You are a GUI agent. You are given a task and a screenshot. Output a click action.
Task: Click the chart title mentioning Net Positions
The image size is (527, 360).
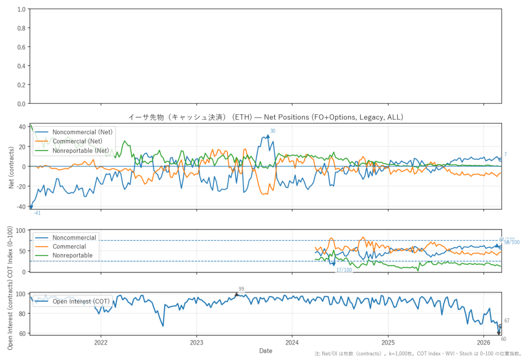[x=265, y=117]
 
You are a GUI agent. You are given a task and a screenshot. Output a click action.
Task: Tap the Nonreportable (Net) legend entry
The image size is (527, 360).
[x=81, y=151]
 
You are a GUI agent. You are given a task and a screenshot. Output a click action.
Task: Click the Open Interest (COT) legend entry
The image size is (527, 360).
[x=79, y=301]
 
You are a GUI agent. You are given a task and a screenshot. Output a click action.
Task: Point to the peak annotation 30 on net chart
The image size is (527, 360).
[x=273, y=131]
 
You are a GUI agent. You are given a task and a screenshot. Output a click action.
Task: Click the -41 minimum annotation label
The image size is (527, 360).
[x=37, y=213]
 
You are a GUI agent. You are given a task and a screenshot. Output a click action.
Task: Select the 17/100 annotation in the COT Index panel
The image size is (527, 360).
[x=344, y=270]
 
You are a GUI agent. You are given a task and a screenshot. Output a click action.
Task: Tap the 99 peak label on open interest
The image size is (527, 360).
[x=241, y=289]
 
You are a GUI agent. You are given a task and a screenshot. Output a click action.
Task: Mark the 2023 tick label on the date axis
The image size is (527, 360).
[x=197, y=342]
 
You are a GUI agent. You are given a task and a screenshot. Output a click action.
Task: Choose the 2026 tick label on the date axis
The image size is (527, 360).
[x=484, y=342]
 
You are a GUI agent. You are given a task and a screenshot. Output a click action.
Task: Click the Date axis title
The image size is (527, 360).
[x=266, y=351]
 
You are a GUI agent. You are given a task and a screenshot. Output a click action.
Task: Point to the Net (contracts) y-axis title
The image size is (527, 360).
[x=11, y=166]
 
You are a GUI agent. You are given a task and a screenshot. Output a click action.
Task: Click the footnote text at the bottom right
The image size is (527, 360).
[x=419, y=354]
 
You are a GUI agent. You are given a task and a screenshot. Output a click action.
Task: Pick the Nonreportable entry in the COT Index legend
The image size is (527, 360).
[x=72, y=255]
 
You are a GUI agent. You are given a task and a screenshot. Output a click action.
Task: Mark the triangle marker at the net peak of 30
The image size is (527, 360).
[x=268, y=136]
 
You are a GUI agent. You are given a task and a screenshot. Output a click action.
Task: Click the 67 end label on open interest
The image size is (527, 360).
[x=507, y=321]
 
